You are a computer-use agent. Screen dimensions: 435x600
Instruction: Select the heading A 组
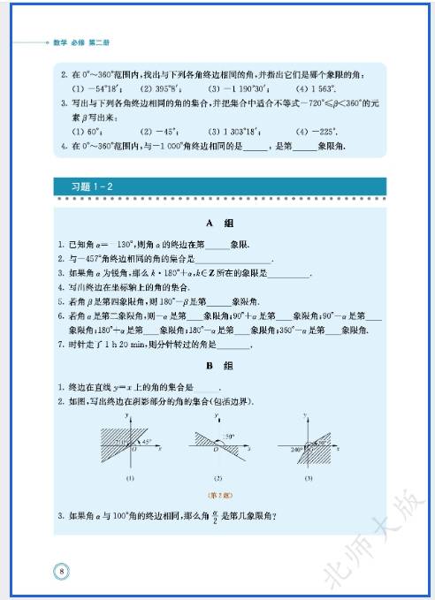218,224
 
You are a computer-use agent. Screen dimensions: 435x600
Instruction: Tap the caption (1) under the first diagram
129,478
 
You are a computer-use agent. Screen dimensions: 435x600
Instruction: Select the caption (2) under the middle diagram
218,478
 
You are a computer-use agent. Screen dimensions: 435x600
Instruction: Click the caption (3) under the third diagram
308,478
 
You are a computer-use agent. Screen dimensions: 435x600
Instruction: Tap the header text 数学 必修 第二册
78,42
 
